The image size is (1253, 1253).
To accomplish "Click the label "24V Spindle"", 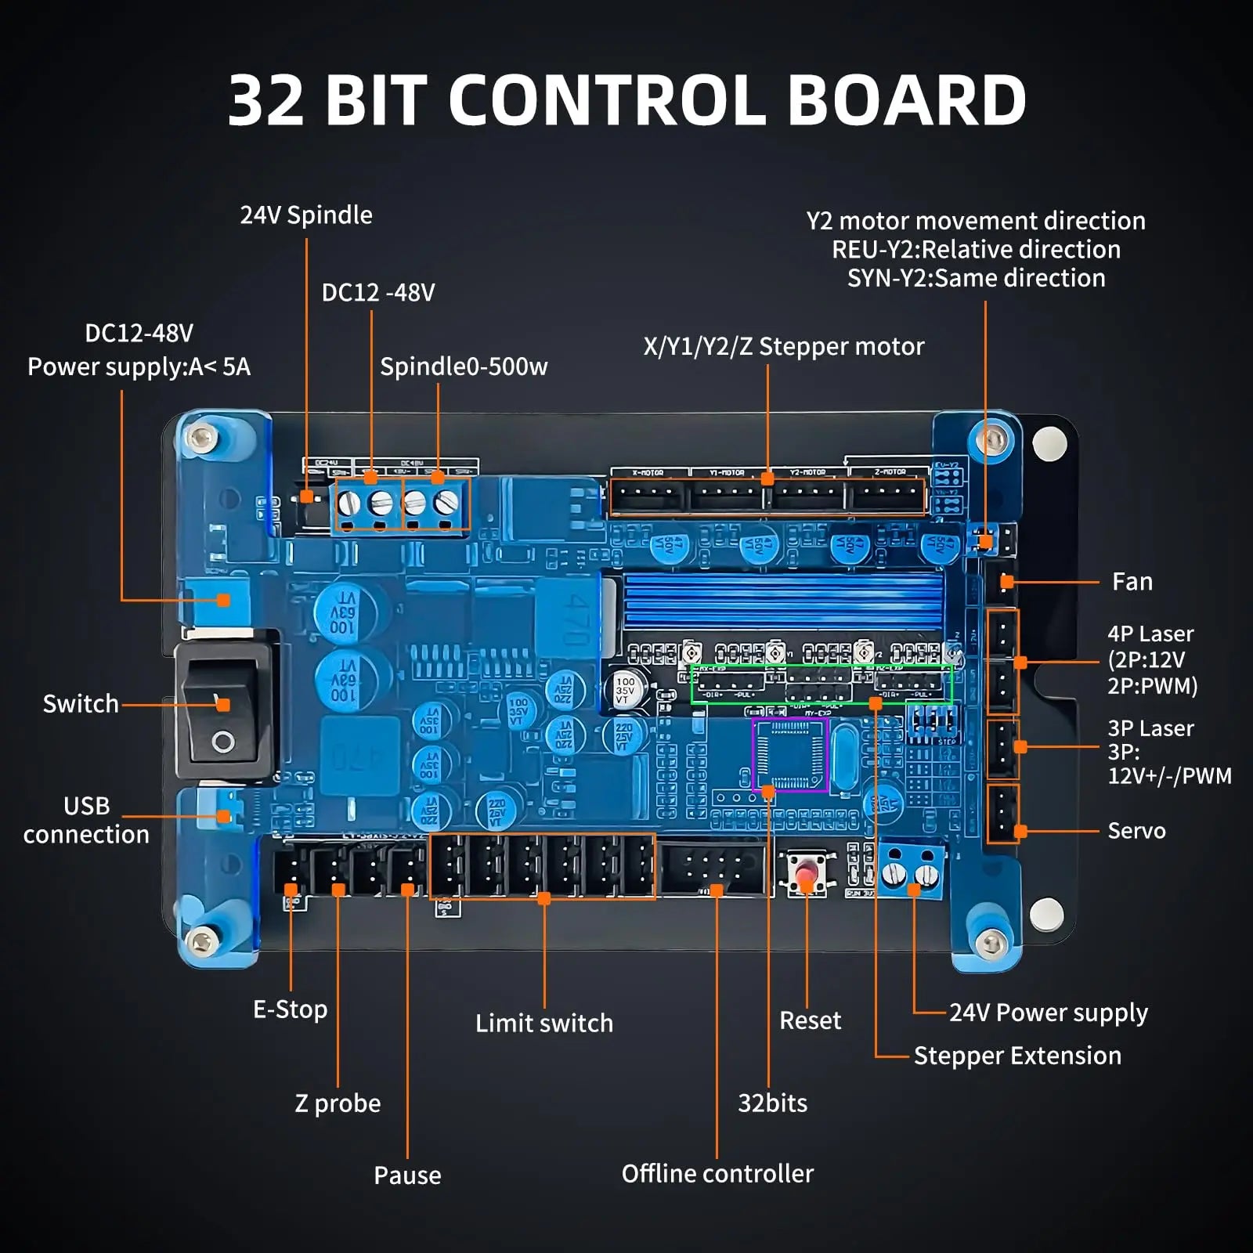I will tap(306, 215).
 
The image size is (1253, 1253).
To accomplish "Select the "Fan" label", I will tap(1132, 582).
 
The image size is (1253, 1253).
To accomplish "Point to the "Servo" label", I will tap(1136, 831).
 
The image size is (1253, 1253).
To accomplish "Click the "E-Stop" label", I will tap(290, 1009).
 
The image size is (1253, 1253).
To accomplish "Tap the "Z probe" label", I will tap(338, 1103).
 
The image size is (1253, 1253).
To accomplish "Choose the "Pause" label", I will tap(407, 1175).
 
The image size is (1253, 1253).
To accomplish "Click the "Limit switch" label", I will tap(544, 1024).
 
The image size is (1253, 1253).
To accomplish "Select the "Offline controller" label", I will tap(717, 1174).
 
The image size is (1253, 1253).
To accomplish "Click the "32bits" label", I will tap(772, 1103).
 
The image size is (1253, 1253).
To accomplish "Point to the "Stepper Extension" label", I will tap(1017, 1056).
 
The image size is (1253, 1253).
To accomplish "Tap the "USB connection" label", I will tap(86, 820).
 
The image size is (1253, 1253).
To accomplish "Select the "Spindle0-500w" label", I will tap(464, 367).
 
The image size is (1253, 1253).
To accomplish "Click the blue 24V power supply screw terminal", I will tap(912, 869).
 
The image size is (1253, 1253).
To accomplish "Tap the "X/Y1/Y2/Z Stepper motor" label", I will tap(783, 346).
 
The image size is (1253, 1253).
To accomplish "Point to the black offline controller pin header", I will tap(711, 869).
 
